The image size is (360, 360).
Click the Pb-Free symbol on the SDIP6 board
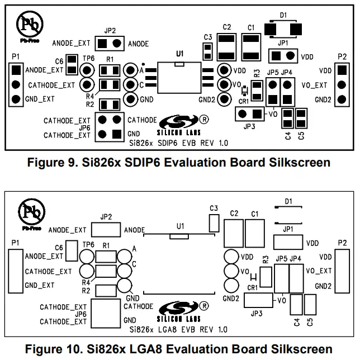[x=30, y=25]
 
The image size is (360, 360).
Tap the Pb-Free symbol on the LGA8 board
[x=30, y=213]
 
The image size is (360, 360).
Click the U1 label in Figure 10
[x=179, y=226]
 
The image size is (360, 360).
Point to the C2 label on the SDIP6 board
[x=226, y=27]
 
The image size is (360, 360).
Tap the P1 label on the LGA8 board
[x=16, y=243]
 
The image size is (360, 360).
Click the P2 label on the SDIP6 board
[x=342, y=56]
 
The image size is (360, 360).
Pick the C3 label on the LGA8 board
[x=213, y=208]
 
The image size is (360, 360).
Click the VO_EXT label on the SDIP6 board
[x=314, y=85]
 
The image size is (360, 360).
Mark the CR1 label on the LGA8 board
[x=252, y=287]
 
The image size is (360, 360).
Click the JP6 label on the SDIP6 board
[x=82, y=127]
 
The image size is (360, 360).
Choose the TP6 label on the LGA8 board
[x=88, y=244]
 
